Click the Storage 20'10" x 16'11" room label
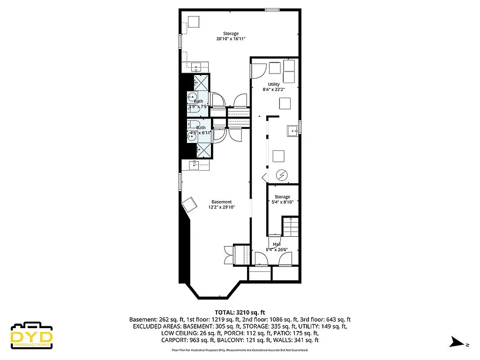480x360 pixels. point(231,37)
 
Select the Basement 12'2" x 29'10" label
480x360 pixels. point(221,204)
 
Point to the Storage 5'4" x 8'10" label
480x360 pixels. point(282,199)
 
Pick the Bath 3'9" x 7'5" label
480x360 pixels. point(199,104)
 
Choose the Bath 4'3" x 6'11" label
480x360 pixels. point(200,130)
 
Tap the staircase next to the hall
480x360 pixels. point(291,227)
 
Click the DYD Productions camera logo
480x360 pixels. point(31,335)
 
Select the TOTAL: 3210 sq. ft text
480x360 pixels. point(240,312)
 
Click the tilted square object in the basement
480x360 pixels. point(189,204)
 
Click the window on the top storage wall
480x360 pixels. point(272,9)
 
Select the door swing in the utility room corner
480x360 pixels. point(258,70)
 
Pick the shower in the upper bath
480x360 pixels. point(202,83)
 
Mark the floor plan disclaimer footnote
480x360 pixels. point(240,350)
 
